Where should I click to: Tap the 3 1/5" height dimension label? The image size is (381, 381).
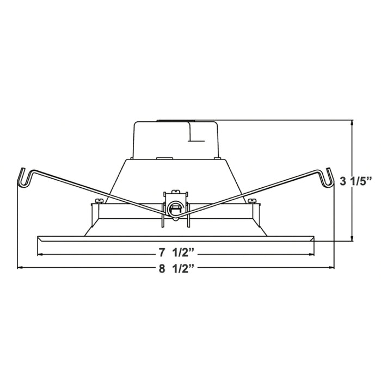(x=354, y=181)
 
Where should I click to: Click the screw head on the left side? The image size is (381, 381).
(x=98, y=201)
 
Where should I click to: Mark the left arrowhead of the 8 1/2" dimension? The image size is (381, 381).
(x=20, y=268)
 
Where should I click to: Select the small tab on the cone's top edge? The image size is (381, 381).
(x=161, y=158)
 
